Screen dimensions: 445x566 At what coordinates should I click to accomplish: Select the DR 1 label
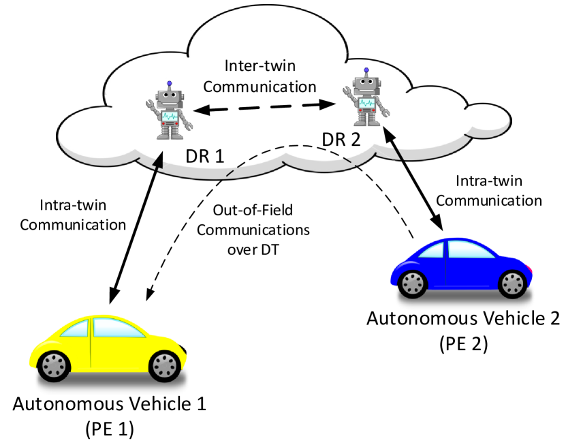(x=204, y=156)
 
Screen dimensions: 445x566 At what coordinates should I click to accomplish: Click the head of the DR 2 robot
(x=366, y=86)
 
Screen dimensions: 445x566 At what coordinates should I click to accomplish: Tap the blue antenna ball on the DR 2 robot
(x=366, y=70)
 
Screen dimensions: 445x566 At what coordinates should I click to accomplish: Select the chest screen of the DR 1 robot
(x=168, y=117)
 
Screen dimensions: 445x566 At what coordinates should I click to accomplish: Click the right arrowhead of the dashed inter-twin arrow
(x=331, y=105)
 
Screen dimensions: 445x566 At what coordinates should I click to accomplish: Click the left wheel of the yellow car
(x=52, y=366)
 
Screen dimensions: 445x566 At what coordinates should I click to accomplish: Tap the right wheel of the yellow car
(x=163, y=366)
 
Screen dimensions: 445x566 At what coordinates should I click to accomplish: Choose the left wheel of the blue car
(x=413, y=282)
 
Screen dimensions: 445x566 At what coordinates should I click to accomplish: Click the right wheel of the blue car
(x=512, y=283)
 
